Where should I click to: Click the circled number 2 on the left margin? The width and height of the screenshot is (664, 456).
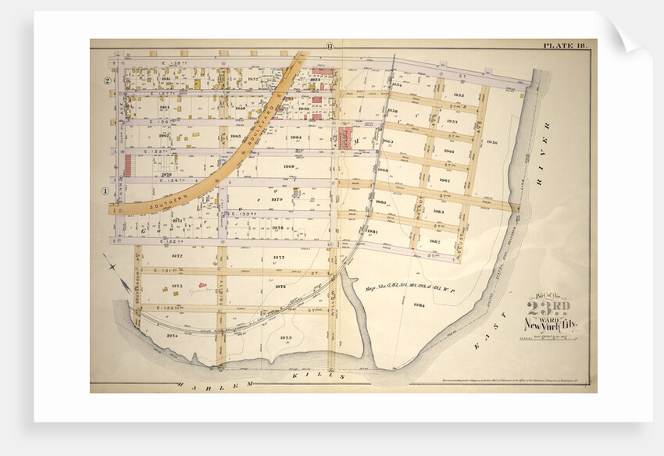click(x=102, y=80)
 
